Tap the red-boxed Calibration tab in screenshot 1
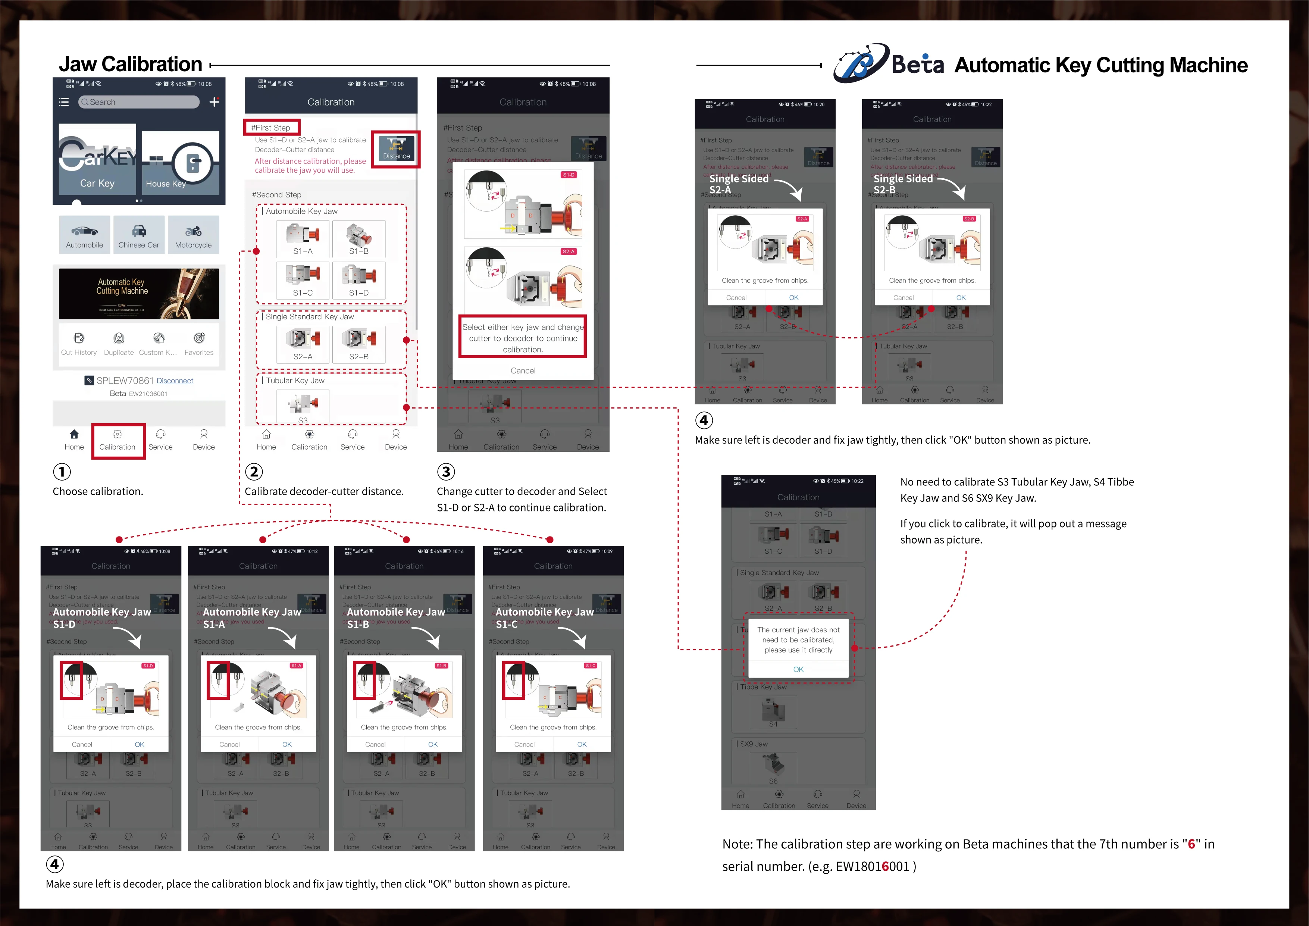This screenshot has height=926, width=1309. click(x=118, y=440)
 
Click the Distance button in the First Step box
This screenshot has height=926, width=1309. click(x=396, y=149)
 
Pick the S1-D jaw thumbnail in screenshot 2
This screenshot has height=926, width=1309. click(x=358, y=280)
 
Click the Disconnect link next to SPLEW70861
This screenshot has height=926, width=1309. click(x=175, y=381)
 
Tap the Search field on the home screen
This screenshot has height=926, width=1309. click(x=139, y=102)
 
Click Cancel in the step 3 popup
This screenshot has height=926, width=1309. click(x=523, y=370)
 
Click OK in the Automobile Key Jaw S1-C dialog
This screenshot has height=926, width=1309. click(x=582, y=744)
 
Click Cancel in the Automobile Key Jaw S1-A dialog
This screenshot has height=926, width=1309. click(x=229, y=744)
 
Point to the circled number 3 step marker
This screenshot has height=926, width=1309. click(x=446, y=472)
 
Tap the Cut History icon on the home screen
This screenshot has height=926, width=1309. click(x=79, y=344)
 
